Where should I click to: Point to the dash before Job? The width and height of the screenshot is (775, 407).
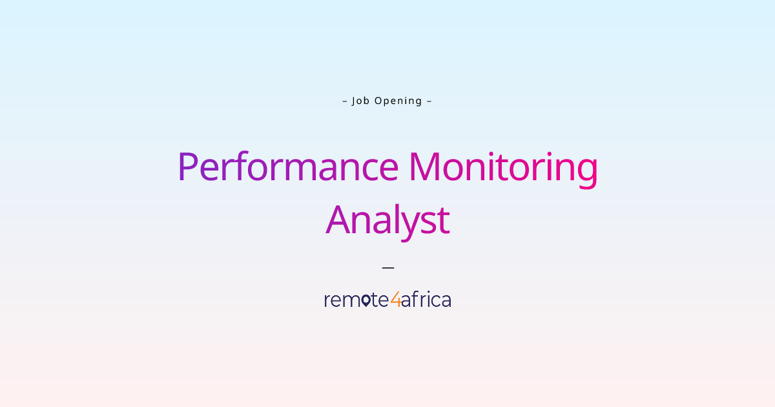344,101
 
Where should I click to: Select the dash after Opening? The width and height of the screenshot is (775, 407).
429,101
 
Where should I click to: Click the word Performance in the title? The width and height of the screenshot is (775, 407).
287,166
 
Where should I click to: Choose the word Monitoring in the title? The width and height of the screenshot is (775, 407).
503,166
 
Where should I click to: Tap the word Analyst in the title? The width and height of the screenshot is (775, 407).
387,220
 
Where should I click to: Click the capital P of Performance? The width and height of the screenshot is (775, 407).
187,166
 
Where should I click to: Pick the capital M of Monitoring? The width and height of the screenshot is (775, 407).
424,166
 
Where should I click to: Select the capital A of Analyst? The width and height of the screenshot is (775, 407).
340,220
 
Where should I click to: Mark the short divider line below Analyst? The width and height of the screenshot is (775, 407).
387,267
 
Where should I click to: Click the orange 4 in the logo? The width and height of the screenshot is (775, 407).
395,300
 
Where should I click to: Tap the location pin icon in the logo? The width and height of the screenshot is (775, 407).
366,300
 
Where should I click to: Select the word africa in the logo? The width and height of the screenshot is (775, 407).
426,300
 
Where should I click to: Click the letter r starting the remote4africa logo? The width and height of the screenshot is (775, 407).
327,301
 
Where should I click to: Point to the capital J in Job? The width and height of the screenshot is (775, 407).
354,101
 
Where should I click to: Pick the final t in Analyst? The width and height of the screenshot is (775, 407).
443,221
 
